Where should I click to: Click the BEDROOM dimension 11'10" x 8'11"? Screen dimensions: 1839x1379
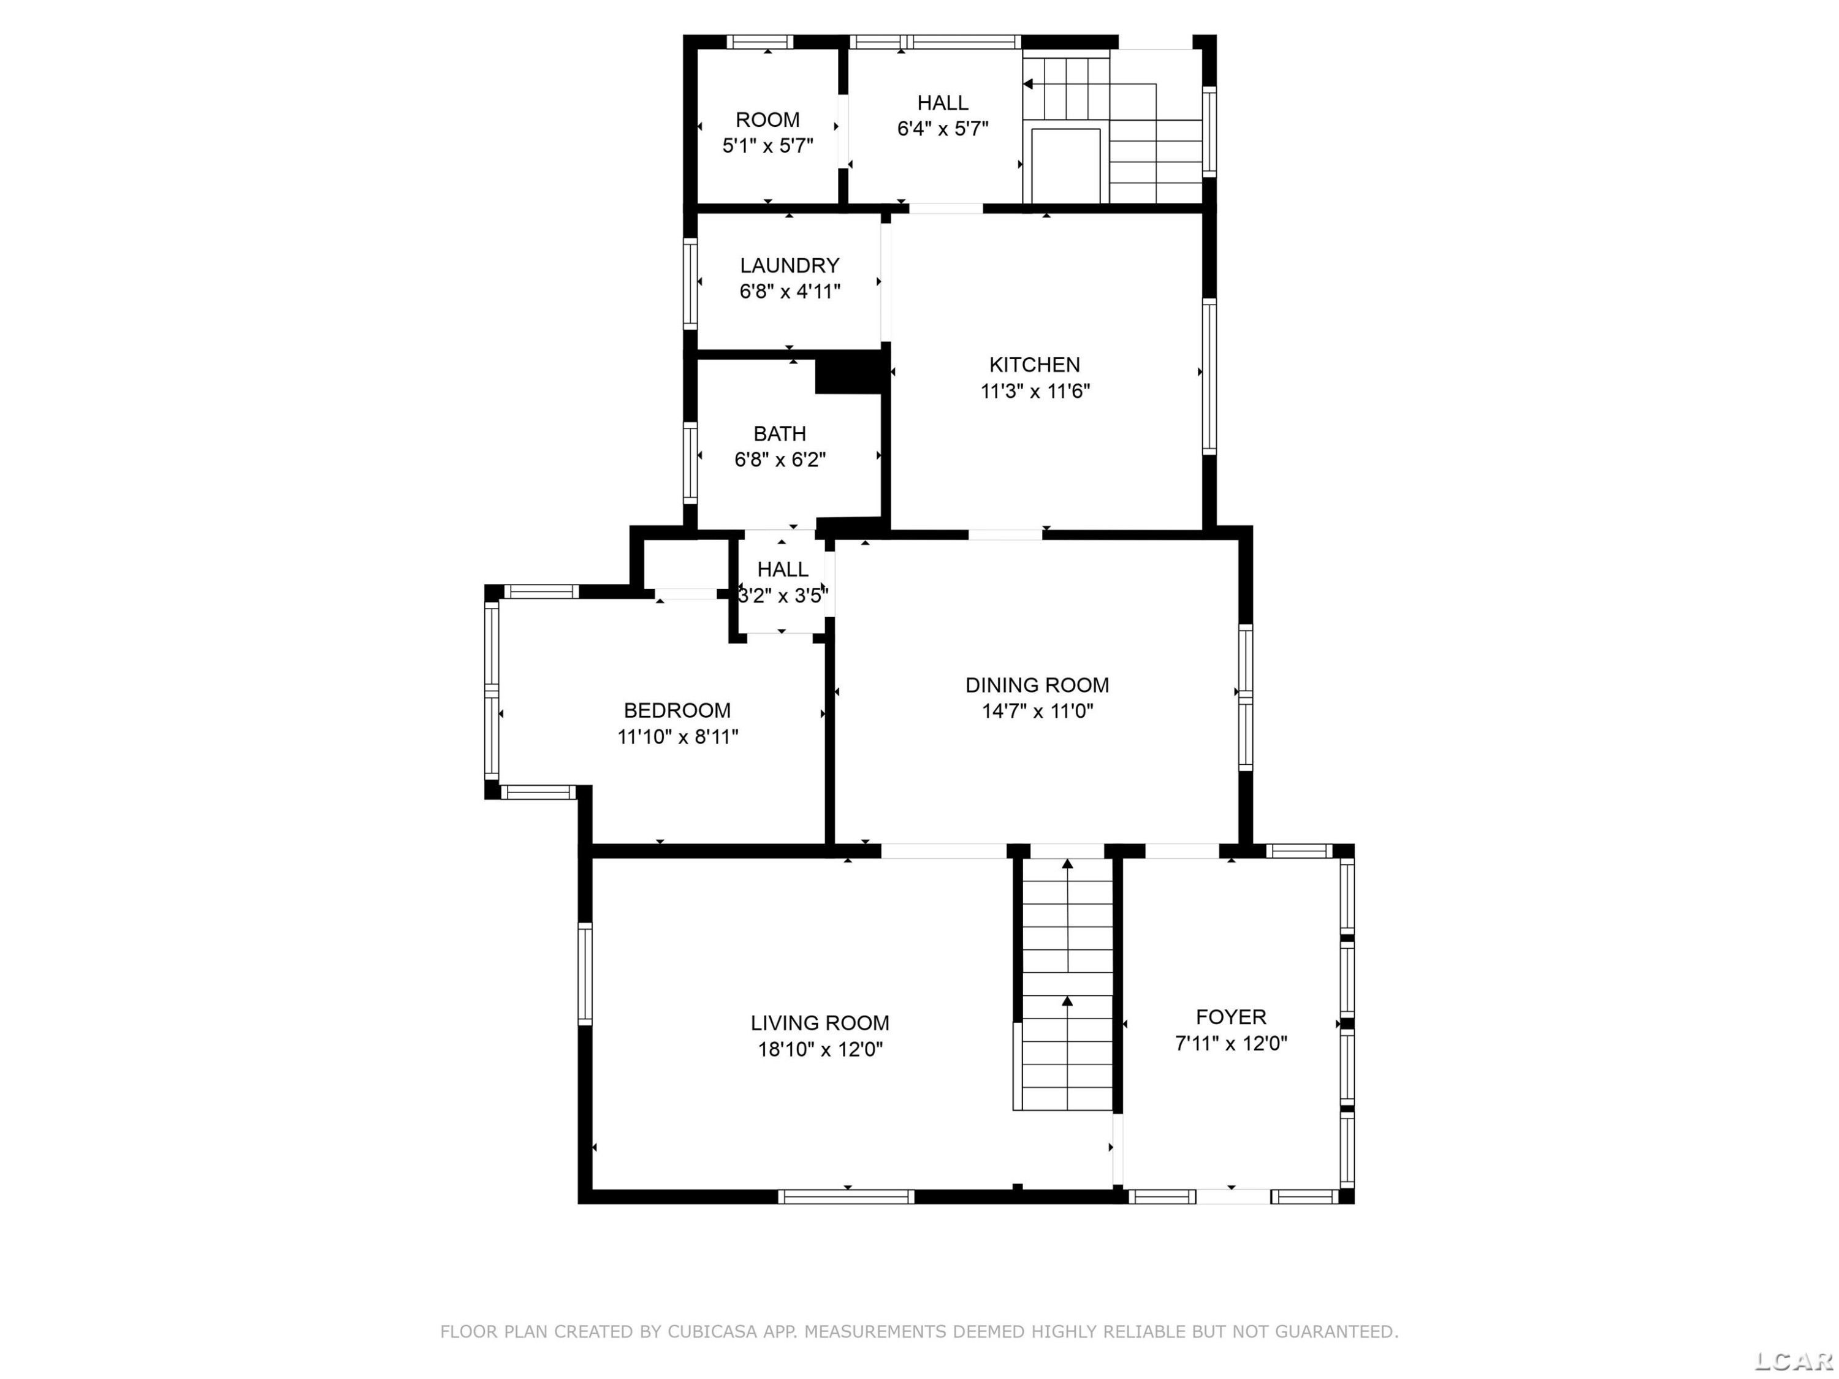(677, 737)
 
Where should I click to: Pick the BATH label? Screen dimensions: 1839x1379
(779, 434)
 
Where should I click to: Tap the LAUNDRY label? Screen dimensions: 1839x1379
(789, 265)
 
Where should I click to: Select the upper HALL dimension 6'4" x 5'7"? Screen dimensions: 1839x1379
(943, 129)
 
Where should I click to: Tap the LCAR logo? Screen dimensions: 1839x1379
(1793, 1360)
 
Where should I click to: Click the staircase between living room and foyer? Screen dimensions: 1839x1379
(1067, 983)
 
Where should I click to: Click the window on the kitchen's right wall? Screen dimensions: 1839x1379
(1209, 376)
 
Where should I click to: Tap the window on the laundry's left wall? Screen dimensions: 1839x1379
(690, 283)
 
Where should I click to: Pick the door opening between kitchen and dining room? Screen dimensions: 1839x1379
(1005, 534)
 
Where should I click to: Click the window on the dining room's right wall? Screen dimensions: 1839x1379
(1246, 697)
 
